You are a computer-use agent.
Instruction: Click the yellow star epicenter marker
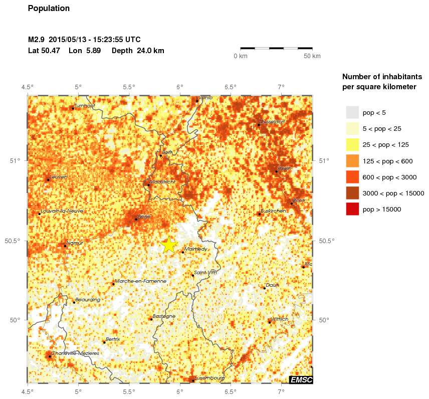pos(169,245)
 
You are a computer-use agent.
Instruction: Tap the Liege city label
pos(144,217)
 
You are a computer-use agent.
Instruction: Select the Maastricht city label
pos(163,182)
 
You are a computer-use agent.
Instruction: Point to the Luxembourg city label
pos(210,378)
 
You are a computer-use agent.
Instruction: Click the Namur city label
pos(75,243)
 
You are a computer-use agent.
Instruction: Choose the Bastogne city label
pos(164,316)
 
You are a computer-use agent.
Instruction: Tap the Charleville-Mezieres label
pos(75,353)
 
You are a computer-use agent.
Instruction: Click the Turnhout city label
pos(85,106)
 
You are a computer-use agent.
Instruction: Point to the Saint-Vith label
pos(206,272)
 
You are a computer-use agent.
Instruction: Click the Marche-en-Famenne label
pos(140,281)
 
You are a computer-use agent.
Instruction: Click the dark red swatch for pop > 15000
pos(352,209)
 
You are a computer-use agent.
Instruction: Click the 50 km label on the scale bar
pos(312,56)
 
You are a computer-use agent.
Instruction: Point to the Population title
pos(49,9)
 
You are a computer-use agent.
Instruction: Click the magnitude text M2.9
pos(37,40)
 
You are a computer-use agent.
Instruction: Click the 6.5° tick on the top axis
pos(231,87)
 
